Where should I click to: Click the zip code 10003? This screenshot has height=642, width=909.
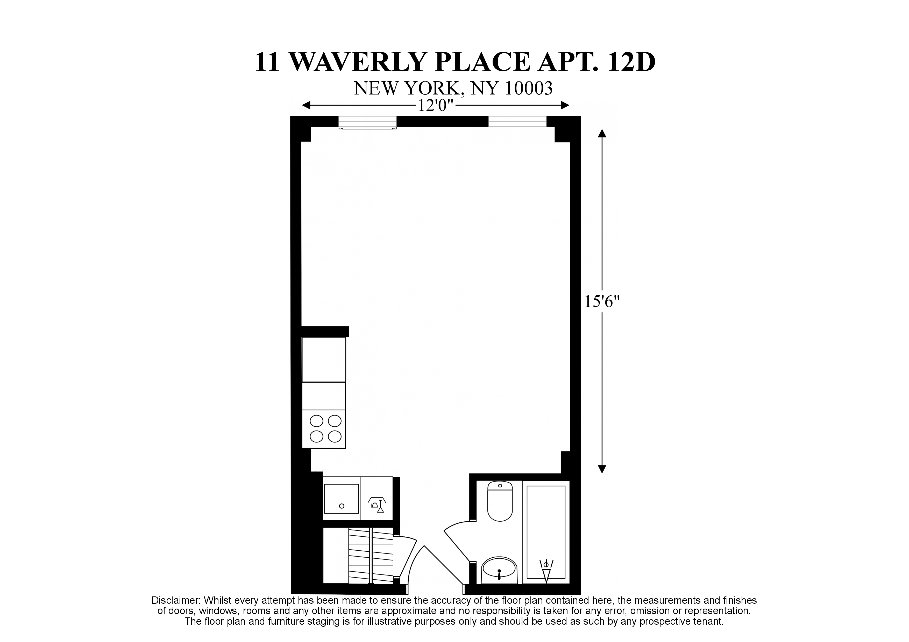529,89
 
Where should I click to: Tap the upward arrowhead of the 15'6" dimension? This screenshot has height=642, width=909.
602,133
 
